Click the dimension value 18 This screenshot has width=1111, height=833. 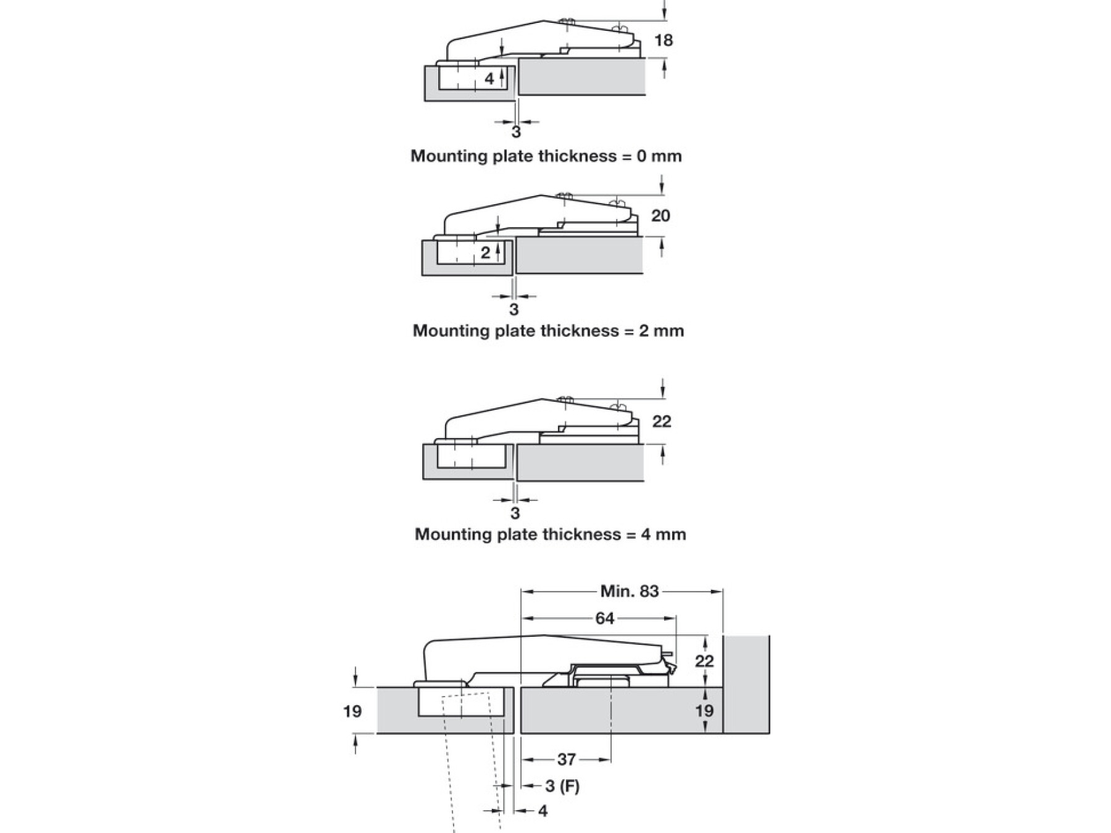coord(663,41)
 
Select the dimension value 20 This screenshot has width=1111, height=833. coord(660,216)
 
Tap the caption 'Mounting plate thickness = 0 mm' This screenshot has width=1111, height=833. coord(546,155)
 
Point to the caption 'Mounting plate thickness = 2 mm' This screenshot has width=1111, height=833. coord(548,331)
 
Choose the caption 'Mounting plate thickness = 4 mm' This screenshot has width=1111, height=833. coord(550,534)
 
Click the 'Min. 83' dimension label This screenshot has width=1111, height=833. coord(630,591)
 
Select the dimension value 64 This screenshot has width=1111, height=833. coord(604,618)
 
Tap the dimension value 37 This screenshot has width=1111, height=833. coord(566,760)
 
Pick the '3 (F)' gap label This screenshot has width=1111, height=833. coord(562,786)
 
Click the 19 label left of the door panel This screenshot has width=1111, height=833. coord(352,711)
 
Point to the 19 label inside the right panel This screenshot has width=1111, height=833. coord(704,711)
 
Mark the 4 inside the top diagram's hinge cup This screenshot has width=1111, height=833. coord(489,79)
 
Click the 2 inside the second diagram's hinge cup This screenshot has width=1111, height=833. coord(486,252)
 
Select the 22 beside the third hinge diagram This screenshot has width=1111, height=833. coord(662,421)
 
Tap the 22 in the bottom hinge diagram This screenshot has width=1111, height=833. coord(704,661)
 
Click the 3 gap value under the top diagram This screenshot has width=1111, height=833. coord(516,132)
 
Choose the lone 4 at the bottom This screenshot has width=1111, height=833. coord(543,811)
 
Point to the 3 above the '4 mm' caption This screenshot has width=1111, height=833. coord(515,513)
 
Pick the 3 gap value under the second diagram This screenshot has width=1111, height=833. coord(514,309)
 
